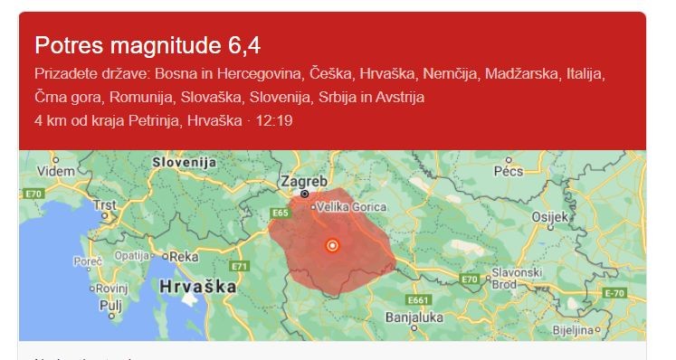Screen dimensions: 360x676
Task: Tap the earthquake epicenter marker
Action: (x=332, y=245)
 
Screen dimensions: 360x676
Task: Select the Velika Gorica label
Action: (x=351, y=207)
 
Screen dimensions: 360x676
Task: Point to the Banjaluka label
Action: (x=414, y=317)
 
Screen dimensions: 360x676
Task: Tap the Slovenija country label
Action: (x=185, y=162)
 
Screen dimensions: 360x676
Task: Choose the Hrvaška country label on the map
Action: (x=197, y=286)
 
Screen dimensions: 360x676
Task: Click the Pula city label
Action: (x=109, y=306)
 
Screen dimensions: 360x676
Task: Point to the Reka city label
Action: (x=185, y=257)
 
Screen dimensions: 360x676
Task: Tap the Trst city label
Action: (x=107, y=204)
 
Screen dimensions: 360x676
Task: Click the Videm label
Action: (x=56, y=171)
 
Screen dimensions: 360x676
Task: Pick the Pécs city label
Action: (x=509, y=171)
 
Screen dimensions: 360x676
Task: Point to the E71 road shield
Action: (x=240, y=266)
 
